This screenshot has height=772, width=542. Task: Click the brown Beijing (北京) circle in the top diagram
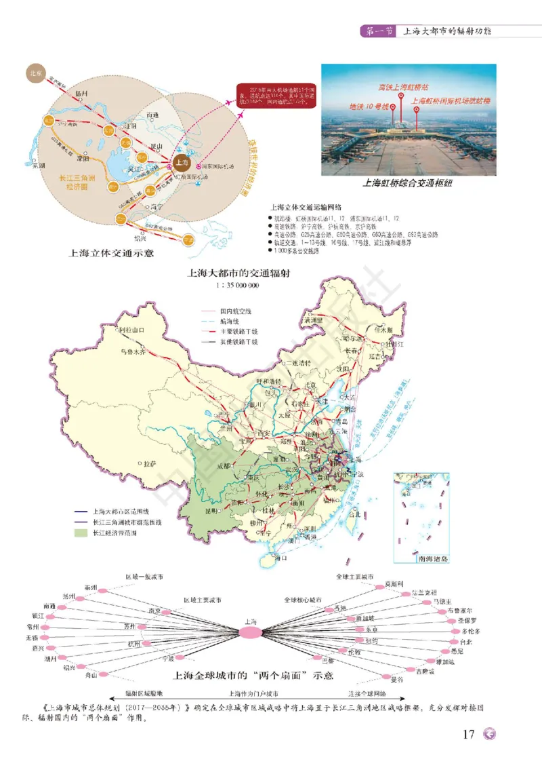click(x=35, y=73)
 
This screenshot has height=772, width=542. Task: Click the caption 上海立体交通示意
click(x=109, y=254)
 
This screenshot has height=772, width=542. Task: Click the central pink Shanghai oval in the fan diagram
click(x=250, y=632)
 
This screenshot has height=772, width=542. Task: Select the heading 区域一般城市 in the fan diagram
click(x=144, y=577)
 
